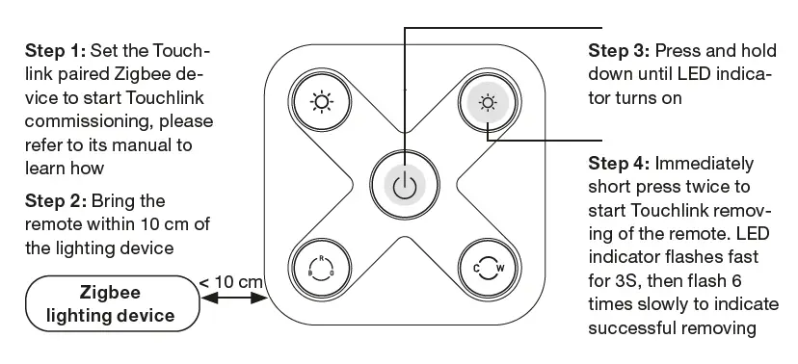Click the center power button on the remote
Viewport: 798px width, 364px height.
(x=406, y=183)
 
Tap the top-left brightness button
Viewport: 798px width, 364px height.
(x=318, y=101)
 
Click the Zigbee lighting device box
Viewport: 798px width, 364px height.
(x=112, y=302)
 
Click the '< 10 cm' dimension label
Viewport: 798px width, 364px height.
(x=231, y=281)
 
